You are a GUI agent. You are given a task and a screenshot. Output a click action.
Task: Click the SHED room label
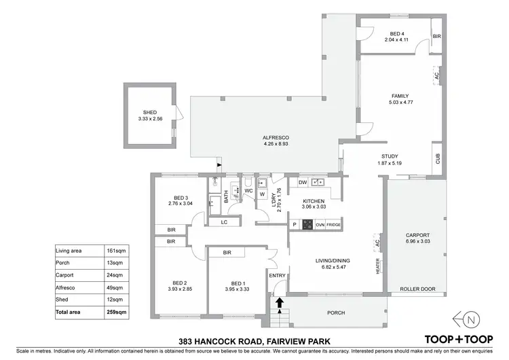(149, 113)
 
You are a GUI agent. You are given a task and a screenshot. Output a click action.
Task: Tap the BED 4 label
(397, 33)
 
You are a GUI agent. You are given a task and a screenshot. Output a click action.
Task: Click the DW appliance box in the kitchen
(303, 183)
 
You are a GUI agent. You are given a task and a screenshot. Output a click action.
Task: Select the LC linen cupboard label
(223, 222)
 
